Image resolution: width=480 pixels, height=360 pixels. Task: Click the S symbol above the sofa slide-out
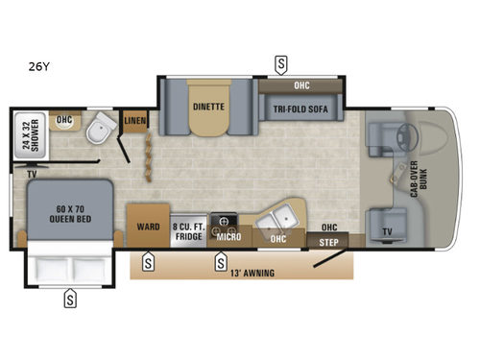[280, 64]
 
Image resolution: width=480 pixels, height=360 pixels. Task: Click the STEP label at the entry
[330, 241]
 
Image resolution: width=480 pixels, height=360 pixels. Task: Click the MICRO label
[228, 236]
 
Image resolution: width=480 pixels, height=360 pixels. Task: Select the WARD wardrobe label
[148, 228]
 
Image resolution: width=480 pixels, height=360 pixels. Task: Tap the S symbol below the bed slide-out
[70, 300]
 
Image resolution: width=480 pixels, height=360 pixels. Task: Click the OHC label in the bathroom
[65, 120]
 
